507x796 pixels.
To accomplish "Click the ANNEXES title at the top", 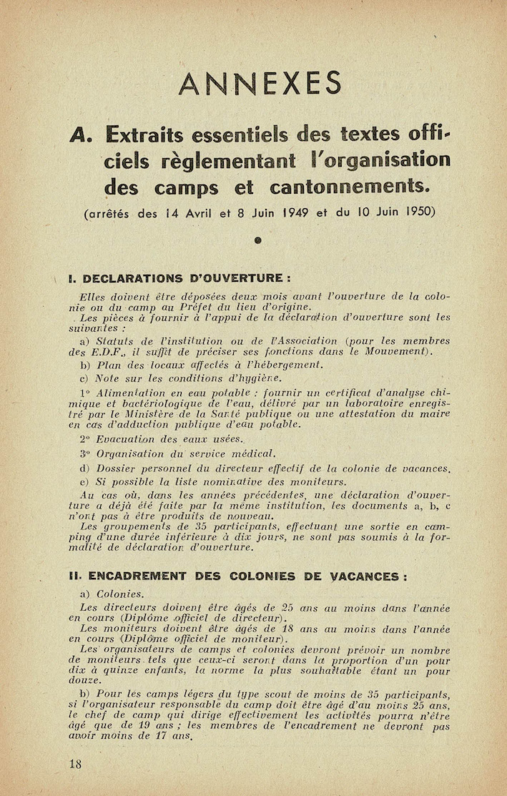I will (260, 84).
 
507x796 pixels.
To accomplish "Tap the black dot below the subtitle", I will (257, 242).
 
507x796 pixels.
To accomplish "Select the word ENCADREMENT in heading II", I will (137, 576).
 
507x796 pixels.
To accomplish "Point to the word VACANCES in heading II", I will (370, 576).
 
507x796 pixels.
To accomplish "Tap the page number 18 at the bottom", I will (75, 763).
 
